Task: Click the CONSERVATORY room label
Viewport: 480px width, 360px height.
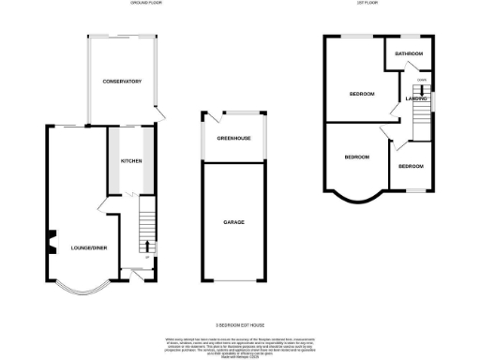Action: pyautogui.click(x=122, y=82)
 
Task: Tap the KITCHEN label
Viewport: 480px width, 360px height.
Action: pyautogui.click(x=131, y=160)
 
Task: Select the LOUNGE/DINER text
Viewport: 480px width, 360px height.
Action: pyautogui.click(x=88, y=247)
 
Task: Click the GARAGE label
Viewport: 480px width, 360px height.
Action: pyautogui.click(x=233, y=222)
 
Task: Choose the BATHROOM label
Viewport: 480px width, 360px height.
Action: pyautogui.click(x=409, y=54)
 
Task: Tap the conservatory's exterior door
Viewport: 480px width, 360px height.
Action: pyautogui.click(x=159, y=114)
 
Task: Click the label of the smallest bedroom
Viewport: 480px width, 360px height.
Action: pyautogui.click(x=411, y=166)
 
